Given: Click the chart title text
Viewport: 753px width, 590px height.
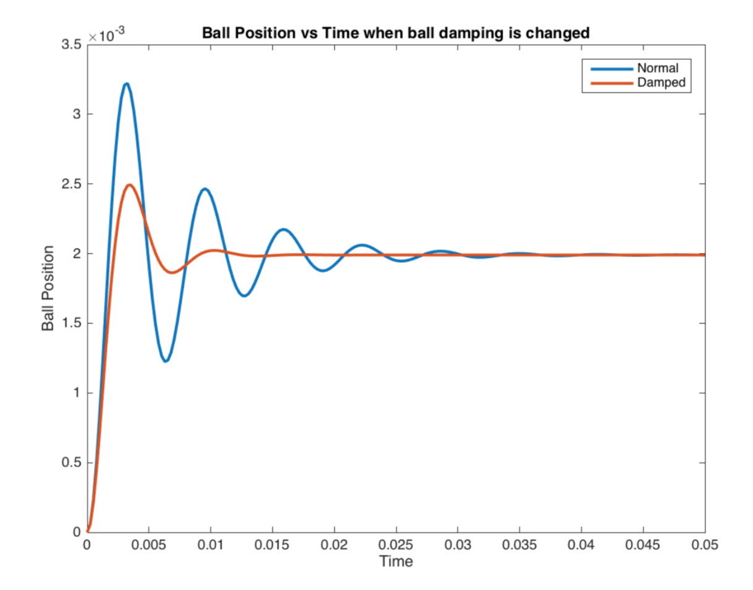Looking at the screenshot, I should (x=396, y=34).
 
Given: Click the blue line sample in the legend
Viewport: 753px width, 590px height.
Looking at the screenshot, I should (x=609, y=68).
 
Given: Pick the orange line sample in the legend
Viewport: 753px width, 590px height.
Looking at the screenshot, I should (x=609, y=83).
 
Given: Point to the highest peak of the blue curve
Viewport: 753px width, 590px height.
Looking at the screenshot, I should (x=126, y=83).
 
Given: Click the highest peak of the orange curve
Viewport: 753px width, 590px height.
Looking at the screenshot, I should (x=129, y=185).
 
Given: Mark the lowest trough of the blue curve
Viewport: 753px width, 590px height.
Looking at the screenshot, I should (x=165, y=361).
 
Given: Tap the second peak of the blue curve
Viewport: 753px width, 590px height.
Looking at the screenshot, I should (x=205, y=189).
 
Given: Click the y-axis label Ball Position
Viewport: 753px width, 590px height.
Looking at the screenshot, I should (x=48, y=288).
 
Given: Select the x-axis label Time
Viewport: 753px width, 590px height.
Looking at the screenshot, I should (x=396, y=562).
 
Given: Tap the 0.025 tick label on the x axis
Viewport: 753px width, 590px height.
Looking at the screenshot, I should (x=396, y=545).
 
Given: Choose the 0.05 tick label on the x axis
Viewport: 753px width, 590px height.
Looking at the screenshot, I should (x=704, y=545).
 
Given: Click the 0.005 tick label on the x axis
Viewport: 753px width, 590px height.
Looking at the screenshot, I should (x=148, y=545).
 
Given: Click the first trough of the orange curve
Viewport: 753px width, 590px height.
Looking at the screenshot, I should (x=172, y=273).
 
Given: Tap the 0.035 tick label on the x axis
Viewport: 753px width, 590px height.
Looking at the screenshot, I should (x=519, y=545).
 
